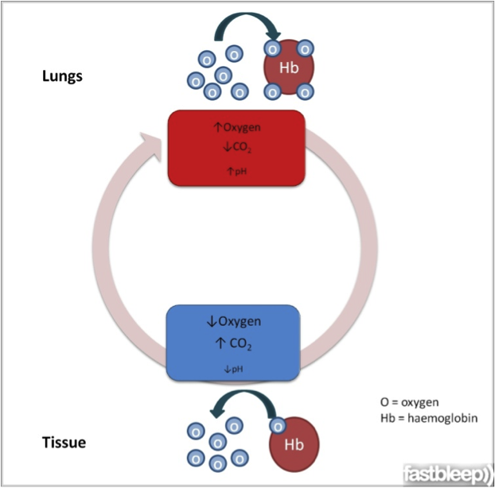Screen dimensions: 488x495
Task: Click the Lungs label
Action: click(x=63, y=77)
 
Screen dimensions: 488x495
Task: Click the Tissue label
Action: click(x=64, y=442)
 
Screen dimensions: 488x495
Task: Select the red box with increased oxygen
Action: click(x=235, y=149)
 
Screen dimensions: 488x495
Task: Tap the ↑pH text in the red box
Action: click(x=235, y=169)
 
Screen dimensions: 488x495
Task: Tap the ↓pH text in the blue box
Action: click(x=232, y=368)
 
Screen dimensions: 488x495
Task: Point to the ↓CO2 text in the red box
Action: click(x=235, y=146)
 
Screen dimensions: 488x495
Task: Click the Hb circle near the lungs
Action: click(x=290, y=69)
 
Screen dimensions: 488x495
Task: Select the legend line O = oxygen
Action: click(x=410, y=401)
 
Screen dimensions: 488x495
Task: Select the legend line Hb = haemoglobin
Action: click(x=430, y=417)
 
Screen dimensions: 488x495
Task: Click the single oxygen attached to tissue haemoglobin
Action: click(x=278, y=425)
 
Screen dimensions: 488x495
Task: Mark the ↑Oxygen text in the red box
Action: click(x=235, y=127)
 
